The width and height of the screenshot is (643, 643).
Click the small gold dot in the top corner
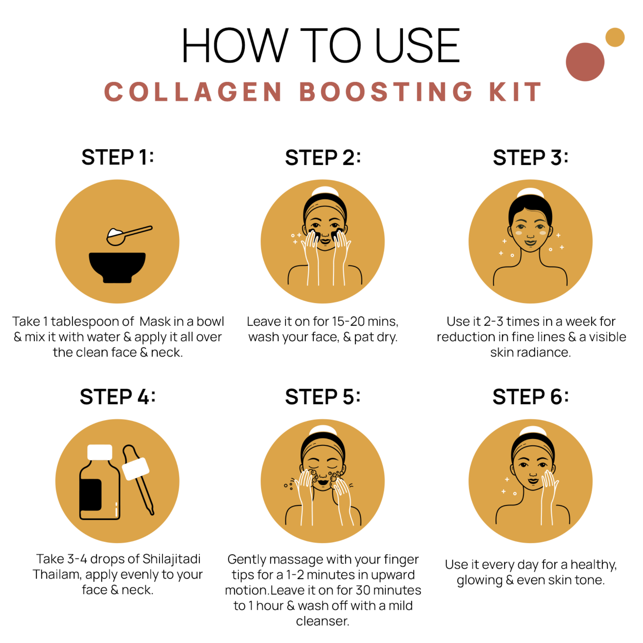[615, 37]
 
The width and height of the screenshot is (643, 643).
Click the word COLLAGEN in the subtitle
[193, 92]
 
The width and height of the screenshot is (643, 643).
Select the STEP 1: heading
[118, 157]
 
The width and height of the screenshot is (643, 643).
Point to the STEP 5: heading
[322, 397]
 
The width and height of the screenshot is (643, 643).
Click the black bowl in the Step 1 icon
[117, 266]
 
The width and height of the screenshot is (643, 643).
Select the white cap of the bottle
[100, 452]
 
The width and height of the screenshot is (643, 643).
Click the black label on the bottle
[90, 494]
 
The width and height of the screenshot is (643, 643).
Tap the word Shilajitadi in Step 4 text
[171, 559]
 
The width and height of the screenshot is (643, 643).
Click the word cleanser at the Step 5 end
[322, 621]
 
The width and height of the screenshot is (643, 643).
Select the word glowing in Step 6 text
[479, 581]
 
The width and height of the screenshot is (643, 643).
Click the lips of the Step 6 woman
[533, 481]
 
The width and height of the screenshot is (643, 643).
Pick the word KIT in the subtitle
[515, 92]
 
